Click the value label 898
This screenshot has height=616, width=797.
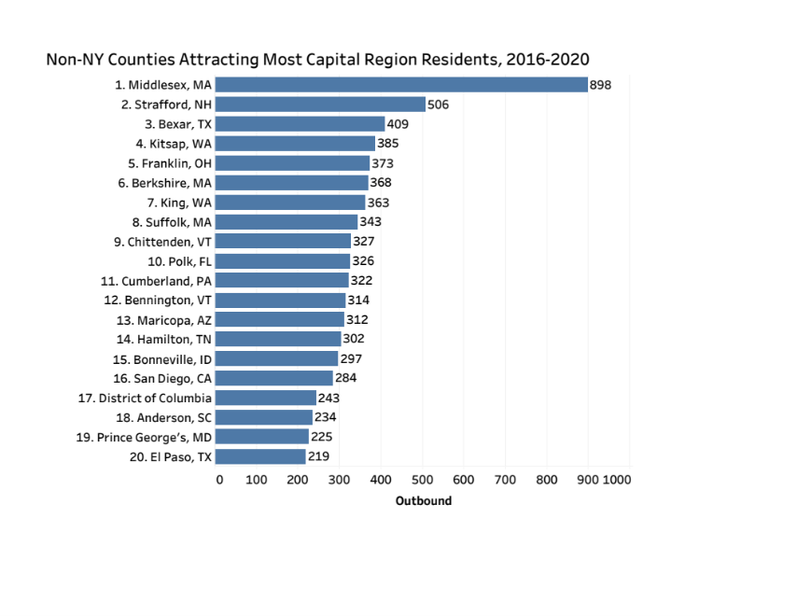[600, 85]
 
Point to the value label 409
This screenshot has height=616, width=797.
[398, 124]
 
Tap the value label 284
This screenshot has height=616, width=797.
[345, 378]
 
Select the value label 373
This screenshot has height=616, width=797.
[383, 163]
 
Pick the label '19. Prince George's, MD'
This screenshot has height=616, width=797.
[144, 437]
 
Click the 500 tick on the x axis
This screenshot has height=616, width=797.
[423, 480]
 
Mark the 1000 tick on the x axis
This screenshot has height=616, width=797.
[617, 480]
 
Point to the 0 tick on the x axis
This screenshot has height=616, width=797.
[219, 480]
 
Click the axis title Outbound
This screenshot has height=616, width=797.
[423, 501]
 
